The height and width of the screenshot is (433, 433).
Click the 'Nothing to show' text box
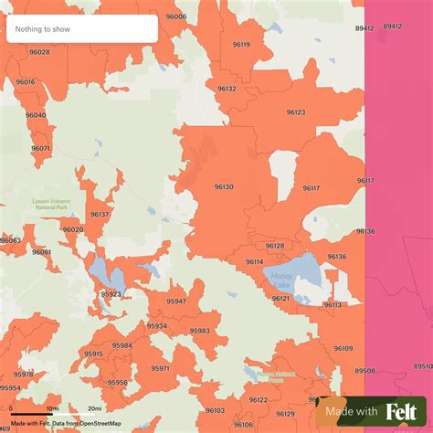[81, 29]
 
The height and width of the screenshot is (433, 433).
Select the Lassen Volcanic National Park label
[49, 204]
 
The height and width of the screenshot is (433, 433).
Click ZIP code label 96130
[224, 186]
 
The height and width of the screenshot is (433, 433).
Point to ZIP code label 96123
[296, 111]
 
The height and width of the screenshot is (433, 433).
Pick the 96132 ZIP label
[227, 89]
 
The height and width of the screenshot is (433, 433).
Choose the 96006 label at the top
[176, 16]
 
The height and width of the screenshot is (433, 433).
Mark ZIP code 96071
[40, 148]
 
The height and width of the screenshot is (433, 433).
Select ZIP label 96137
[100, 214]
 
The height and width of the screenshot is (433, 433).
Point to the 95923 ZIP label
[111, 294]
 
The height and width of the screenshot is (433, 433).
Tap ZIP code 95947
[176, 301]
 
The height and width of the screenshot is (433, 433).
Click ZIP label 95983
[200, 331]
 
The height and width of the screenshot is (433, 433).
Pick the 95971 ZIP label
[160, 368]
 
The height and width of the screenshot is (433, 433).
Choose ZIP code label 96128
[274, 246]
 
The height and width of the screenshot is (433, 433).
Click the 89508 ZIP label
[364, 370]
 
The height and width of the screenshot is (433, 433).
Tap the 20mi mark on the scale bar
[94, 408]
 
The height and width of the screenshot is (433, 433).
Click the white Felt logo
[404, 412]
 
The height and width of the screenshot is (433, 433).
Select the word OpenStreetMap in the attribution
[101, 422]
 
